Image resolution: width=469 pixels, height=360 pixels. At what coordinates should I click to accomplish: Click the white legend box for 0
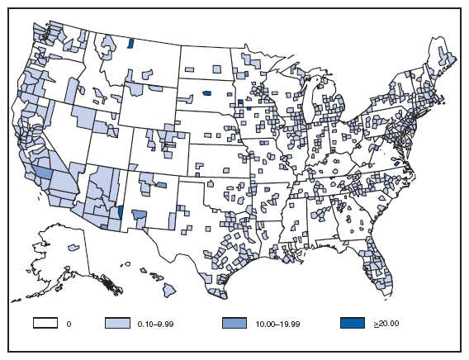[45, 324]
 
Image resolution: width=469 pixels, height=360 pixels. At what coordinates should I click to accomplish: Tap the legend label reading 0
[70, 324]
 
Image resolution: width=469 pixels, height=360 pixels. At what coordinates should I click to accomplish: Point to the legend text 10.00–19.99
[274, 324]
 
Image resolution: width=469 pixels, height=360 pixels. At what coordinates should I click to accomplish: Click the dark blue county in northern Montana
[130, 42]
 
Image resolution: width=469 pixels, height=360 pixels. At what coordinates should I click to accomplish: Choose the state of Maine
[446, 62]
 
